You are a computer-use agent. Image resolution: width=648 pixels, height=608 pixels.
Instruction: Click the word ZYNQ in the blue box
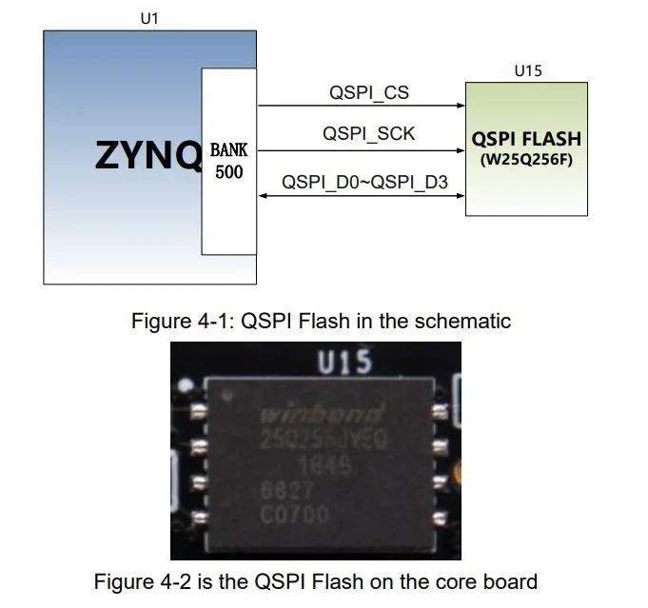(x=147, y=155)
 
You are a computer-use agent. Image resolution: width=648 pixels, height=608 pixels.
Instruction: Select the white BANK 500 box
(x=228, y=161)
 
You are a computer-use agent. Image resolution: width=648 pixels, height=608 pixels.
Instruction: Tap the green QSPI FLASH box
(x=526, y=147)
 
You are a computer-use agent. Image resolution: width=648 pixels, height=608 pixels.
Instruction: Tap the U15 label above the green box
(x=527, y=71)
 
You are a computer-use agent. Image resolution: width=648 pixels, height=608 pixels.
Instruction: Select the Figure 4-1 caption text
(x=321, y=321)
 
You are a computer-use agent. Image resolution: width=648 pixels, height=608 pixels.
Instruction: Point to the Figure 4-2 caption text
(x=315, y=580)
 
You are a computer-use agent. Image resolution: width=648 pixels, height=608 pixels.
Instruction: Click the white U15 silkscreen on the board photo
(x=344, y=363)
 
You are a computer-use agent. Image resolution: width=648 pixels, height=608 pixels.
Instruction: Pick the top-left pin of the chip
(x=198, y=412)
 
